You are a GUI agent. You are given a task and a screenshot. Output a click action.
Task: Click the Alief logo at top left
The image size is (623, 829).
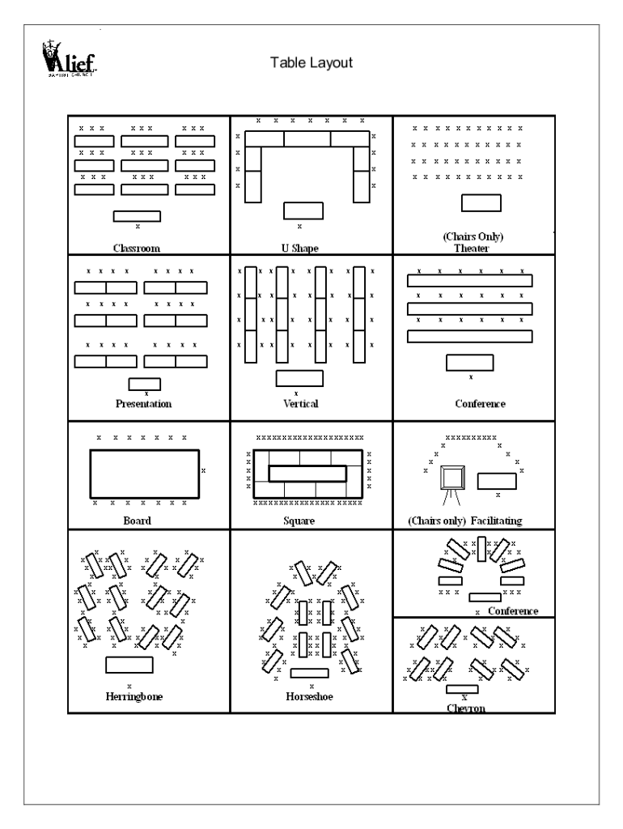65,57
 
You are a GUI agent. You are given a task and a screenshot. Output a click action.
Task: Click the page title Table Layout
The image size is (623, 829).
311,62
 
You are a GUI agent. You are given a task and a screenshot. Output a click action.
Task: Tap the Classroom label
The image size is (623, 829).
137,248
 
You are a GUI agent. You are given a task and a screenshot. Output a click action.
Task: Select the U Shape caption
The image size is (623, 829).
299,249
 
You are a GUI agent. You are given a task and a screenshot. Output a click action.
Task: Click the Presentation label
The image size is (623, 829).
143,403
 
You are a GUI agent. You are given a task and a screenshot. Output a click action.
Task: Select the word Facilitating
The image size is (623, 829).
493,521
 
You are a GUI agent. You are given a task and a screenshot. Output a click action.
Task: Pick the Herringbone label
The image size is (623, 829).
134,695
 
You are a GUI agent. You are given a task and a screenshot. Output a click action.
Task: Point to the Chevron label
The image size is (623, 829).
464,708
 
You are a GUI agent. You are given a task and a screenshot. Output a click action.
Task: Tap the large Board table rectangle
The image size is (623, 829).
144,474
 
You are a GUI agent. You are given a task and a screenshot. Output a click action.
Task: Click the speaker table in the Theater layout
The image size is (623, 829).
481,203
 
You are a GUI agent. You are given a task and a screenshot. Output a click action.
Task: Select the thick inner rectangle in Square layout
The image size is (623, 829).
307,474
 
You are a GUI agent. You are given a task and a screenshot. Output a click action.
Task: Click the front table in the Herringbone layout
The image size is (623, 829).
129,665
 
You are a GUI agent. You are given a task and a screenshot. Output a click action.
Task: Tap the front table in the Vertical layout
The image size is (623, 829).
299,378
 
